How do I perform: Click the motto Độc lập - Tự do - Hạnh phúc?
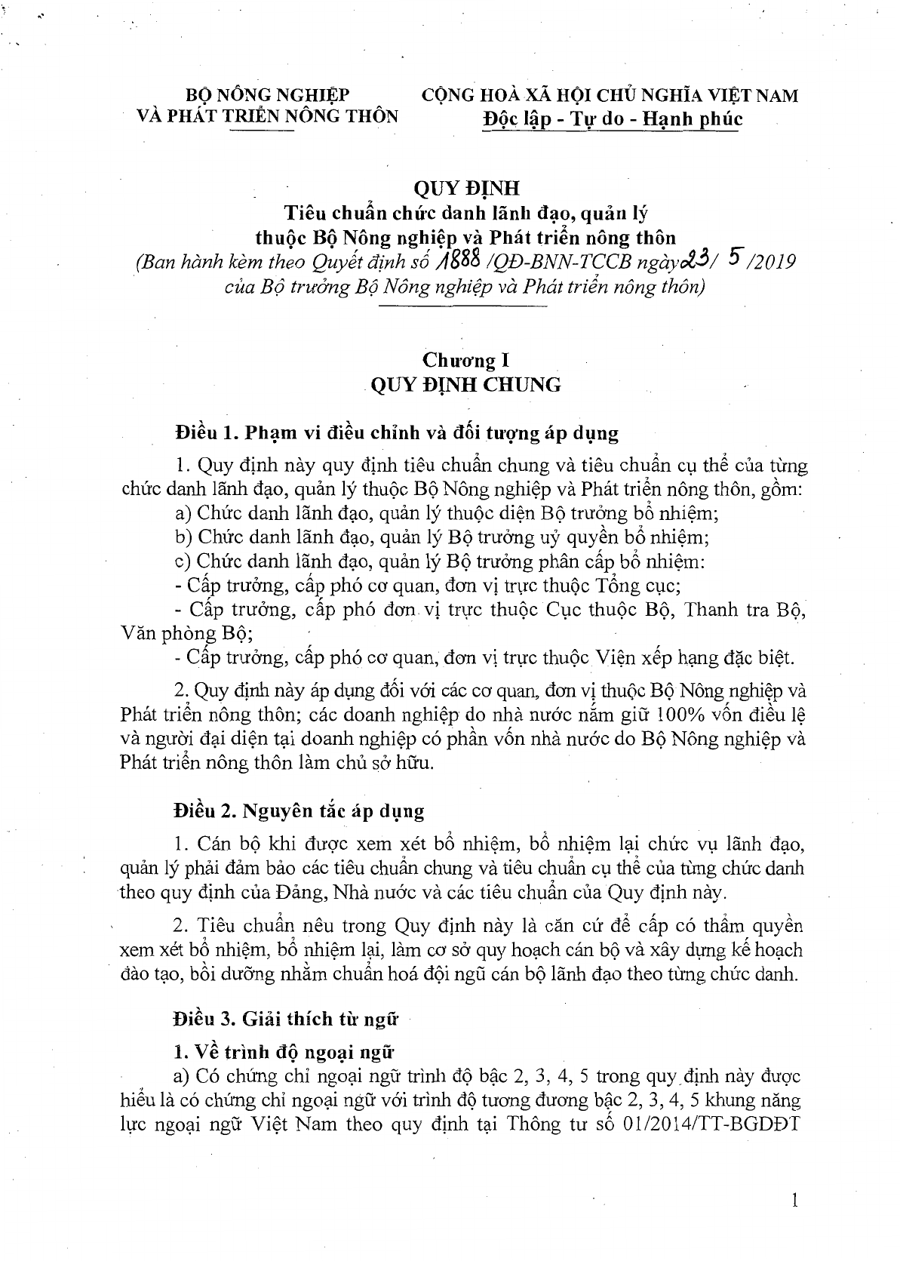coord(612,118)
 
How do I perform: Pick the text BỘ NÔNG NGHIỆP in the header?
coord(268,95)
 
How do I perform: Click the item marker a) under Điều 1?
coord(182,514)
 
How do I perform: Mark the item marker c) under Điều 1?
coord(182,562)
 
